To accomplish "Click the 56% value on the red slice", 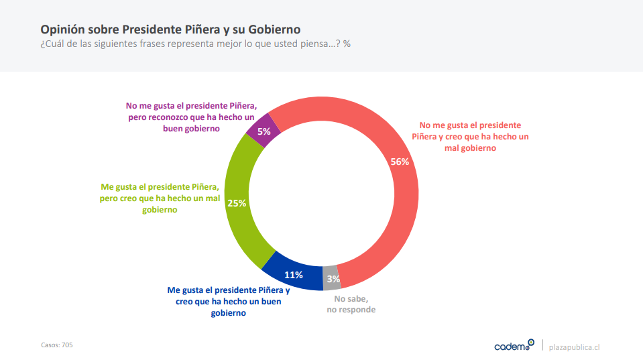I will point(400,162).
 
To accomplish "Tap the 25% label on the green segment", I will point(237,202).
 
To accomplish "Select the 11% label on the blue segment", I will point(294,274).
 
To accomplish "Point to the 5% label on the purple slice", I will point(264,131).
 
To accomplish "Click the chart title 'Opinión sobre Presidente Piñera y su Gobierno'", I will point(170,29).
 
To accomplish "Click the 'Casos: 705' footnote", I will point(57,345).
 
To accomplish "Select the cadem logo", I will point(514,345).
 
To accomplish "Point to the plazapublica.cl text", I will point(574,347).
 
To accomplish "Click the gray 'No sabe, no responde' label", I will point(351,304).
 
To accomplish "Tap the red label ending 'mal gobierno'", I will point(470,137).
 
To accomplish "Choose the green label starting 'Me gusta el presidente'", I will point(160,198).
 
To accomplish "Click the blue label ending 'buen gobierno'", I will point(228,302).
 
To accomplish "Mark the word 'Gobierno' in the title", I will point(274,29).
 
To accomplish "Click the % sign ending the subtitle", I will point(347,44).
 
